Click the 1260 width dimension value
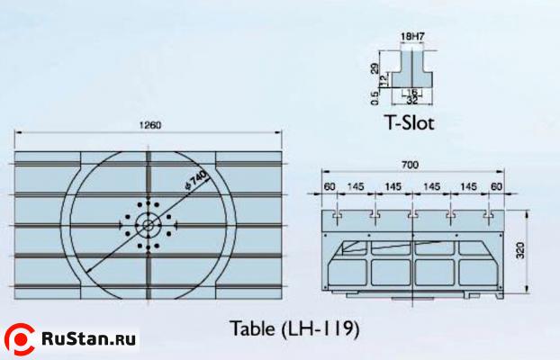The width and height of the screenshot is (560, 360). [x=152, y=125]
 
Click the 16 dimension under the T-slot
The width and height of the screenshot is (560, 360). [x=412, y=91]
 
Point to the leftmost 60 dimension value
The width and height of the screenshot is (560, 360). [x=330, y=185]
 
